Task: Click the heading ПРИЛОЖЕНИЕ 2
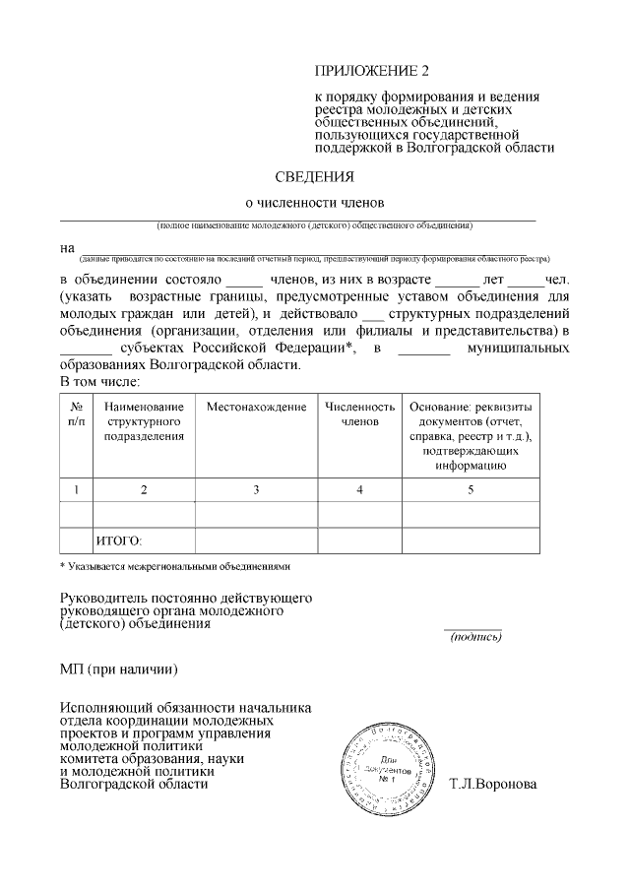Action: tap(372, 71)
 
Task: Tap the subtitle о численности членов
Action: tap(314, 202)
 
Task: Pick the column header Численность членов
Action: tap(359, 414)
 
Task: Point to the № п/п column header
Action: tap(76, 414)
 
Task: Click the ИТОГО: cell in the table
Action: tap(119, 541)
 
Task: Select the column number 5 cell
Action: tap(470, 489)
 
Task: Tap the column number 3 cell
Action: tap(256, 489)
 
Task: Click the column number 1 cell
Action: tap(76, 489)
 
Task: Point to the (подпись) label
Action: tap(475, 637)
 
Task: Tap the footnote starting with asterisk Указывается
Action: tap(175, 567)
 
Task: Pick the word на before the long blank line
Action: tap(67, 247)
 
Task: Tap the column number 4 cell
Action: tap(359, 489)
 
